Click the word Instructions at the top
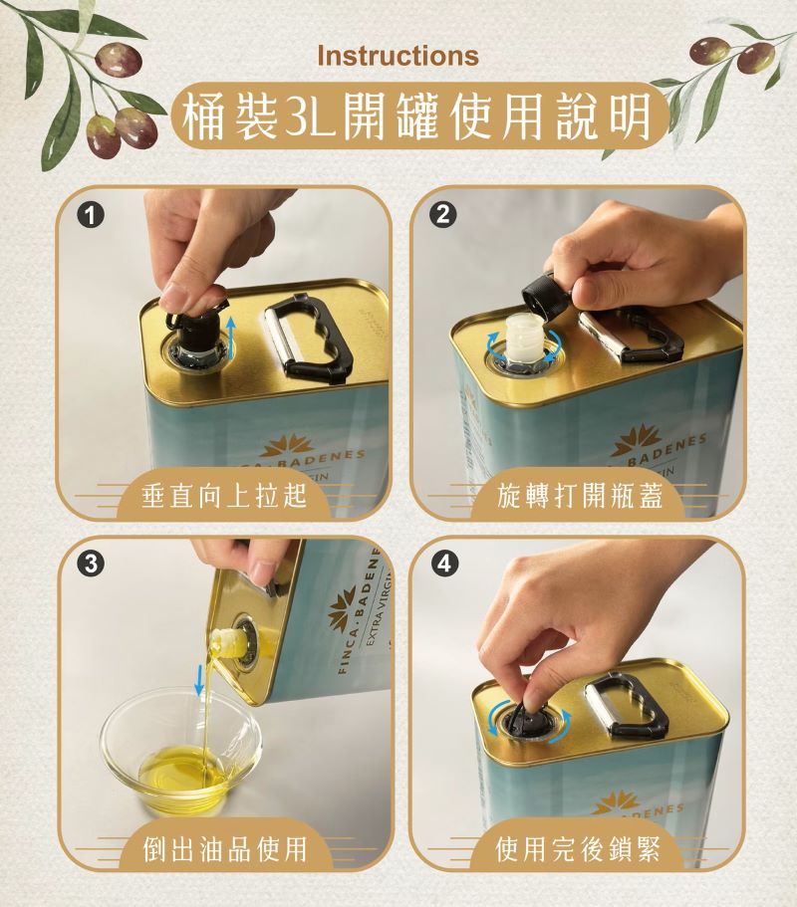tap(398, 56)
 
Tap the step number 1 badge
tap(90, 216)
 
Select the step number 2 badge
tap(443, 216)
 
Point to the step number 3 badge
tap(90, 564)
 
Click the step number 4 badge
tap(443, 564)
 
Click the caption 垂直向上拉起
tap(224, 497)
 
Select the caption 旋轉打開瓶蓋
tap(579, 497)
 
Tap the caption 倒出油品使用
tap(224, 848)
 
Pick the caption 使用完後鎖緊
tap(579, 848)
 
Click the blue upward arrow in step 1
tap(230, 338)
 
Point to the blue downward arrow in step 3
tap(199, 680)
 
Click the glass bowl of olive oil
tap(180, 751)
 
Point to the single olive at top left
tap(119, 59)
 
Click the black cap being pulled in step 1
tap(194, 326)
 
